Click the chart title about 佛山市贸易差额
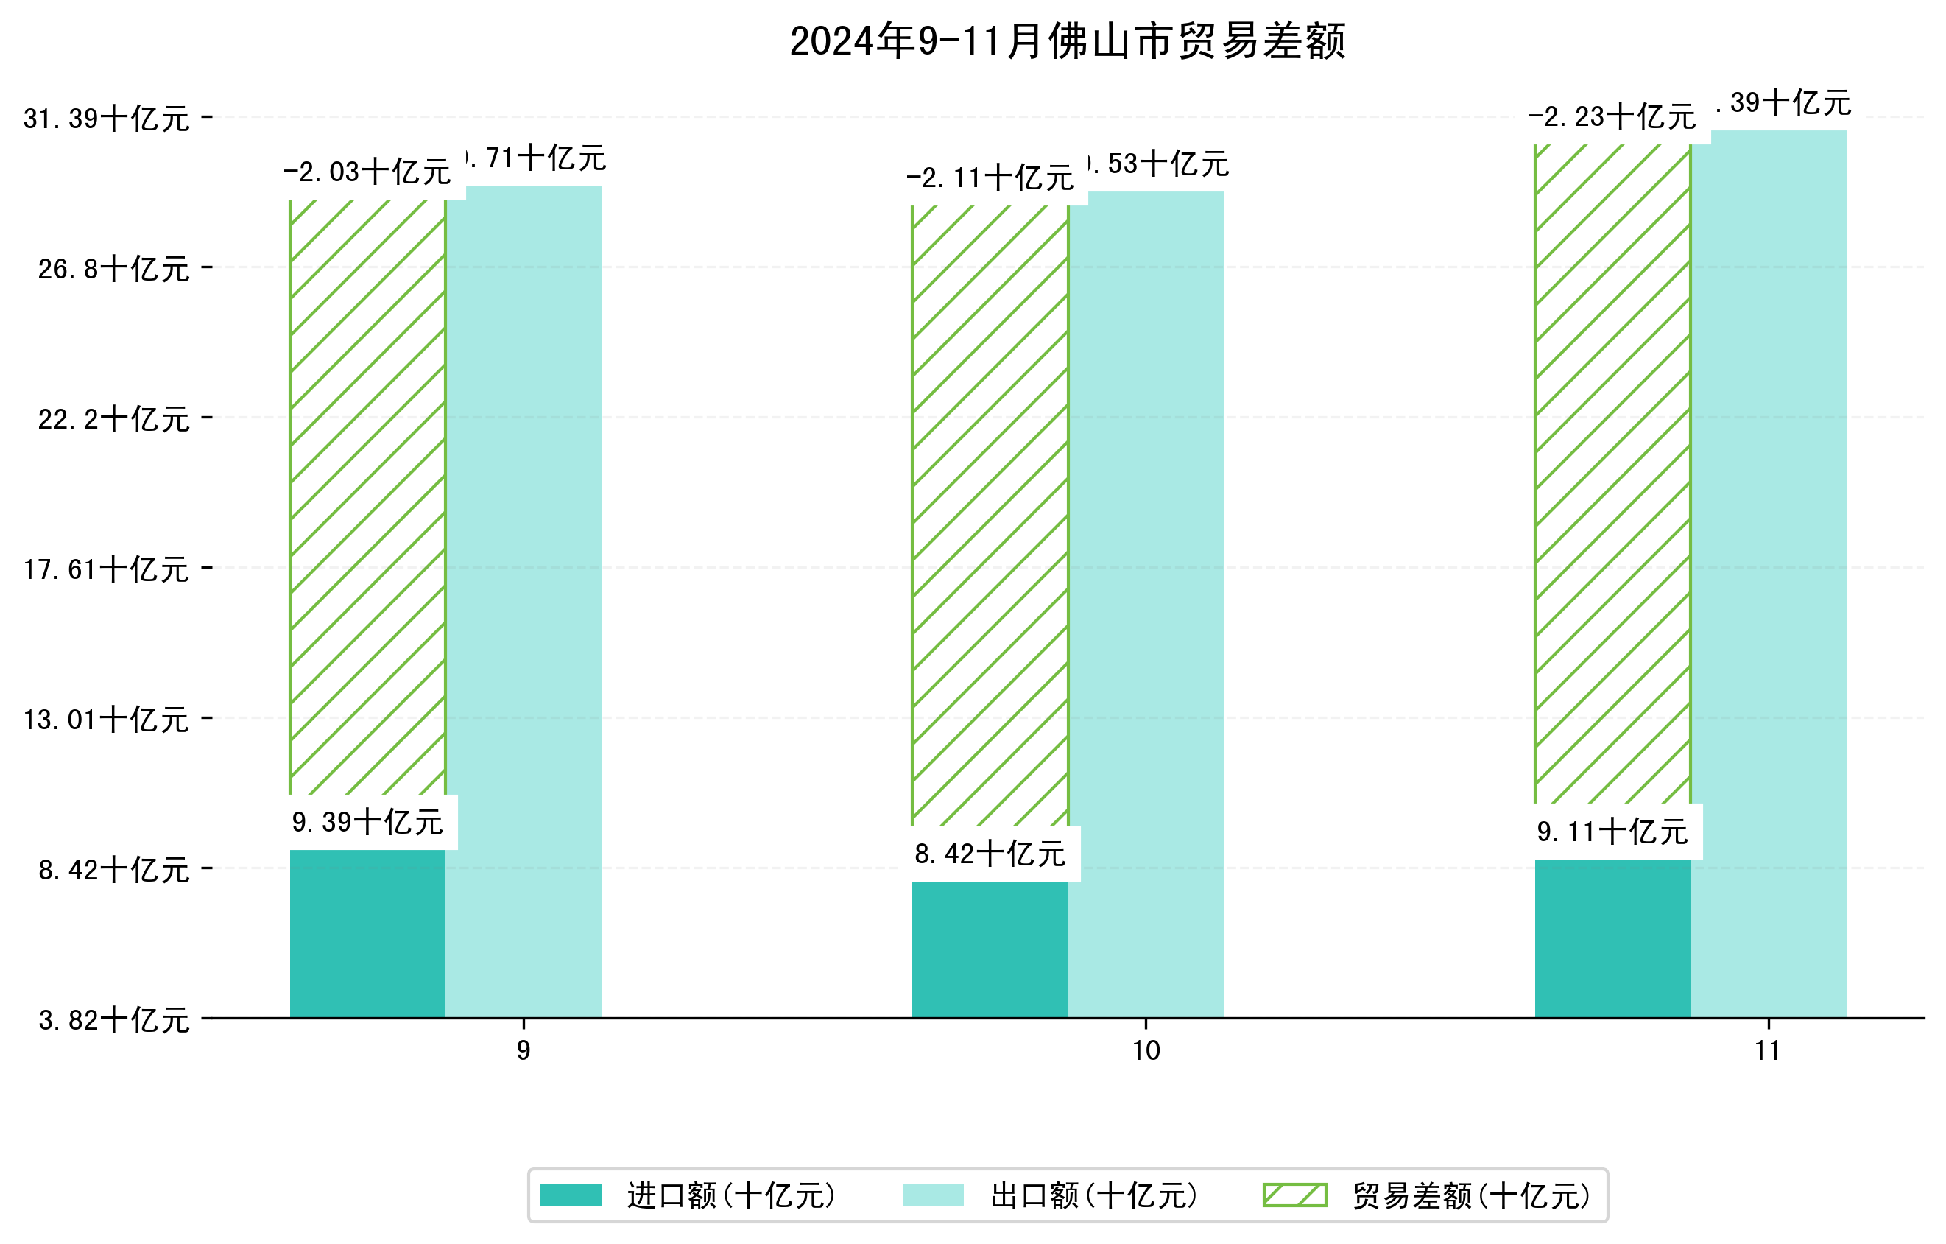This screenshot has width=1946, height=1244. point(1067,41)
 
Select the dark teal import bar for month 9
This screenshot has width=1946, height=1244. point(367,934)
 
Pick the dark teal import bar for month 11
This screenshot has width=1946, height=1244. point(1612,938)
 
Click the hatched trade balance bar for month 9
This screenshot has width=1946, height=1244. point(367,497)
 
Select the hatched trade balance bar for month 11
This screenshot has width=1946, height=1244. point(1612,473)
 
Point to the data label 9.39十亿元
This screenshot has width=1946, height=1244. point(367,823)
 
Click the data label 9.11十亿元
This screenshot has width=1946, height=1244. point(1612,832)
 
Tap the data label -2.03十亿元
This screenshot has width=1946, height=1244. point(367,172)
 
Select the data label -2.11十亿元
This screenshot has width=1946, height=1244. point(990,178)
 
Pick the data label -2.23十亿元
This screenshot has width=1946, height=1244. point(1612,117)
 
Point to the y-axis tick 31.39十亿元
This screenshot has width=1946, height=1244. point(107,119)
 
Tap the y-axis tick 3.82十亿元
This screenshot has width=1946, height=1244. point(114,1020)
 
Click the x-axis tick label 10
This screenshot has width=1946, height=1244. point(1146,1051)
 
